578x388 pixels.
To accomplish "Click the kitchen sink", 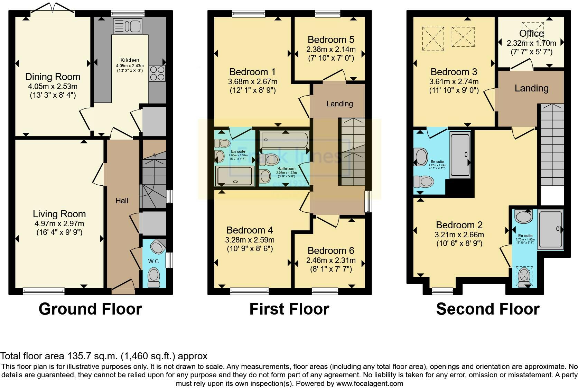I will (127, 26).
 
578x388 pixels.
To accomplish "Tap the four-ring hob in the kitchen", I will (157, 73).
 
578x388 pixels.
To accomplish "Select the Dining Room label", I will (53, 77).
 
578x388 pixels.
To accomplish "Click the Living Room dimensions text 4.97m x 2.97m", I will (59, 224).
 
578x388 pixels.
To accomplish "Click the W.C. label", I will (154, 261).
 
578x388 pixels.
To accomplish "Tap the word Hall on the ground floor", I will (122, 201).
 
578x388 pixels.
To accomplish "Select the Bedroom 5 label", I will (331, 39).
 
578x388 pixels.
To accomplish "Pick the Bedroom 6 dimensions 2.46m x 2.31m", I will (331, 260).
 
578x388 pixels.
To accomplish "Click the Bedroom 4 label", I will (250, 230).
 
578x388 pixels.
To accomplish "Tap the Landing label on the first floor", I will (339, 104).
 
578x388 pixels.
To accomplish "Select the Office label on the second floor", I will (531, 34).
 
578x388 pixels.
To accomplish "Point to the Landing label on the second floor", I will (531, 88).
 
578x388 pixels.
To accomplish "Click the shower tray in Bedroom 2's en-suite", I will (551, 229).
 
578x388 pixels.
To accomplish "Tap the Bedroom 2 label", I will (459, 225).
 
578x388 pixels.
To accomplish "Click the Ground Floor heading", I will (90, 309).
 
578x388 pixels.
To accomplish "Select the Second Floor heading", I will (487, 309).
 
